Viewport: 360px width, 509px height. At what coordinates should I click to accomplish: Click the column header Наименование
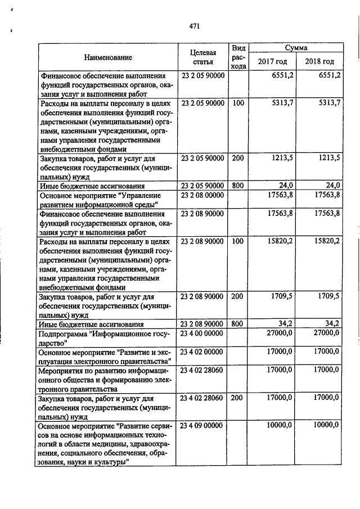[x=109, y=57]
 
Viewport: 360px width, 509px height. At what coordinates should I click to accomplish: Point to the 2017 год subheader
[x=272, y=61]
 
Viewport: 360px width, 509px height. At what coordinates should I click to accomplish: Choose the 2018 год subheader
[x=319, y=61]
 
